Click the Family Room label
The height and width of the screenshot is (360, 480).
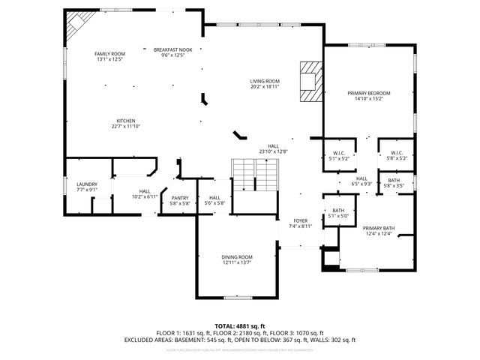109,54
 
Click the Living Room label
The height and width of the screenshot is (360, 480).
265,81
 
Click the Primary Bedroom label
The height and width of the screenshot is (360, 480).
369,93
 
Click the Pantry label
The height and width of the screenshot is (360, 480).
179,199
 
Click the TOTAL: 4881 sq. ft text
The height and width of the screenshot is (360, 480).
239,326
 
